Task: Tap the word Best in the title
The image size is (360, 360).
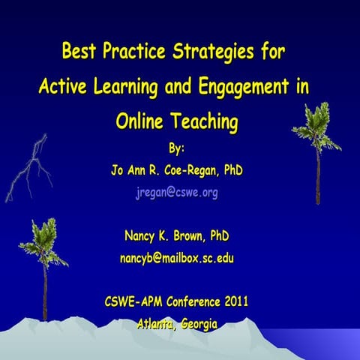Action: [x=79, y=53]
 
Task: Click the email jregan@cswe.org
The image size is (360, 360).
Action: [x=177, y=193]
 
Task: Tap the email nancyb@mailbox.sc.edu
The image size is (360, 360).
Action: [x=177, y=259]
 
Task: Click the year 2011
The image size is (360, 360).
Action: [x=232, y=302]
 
